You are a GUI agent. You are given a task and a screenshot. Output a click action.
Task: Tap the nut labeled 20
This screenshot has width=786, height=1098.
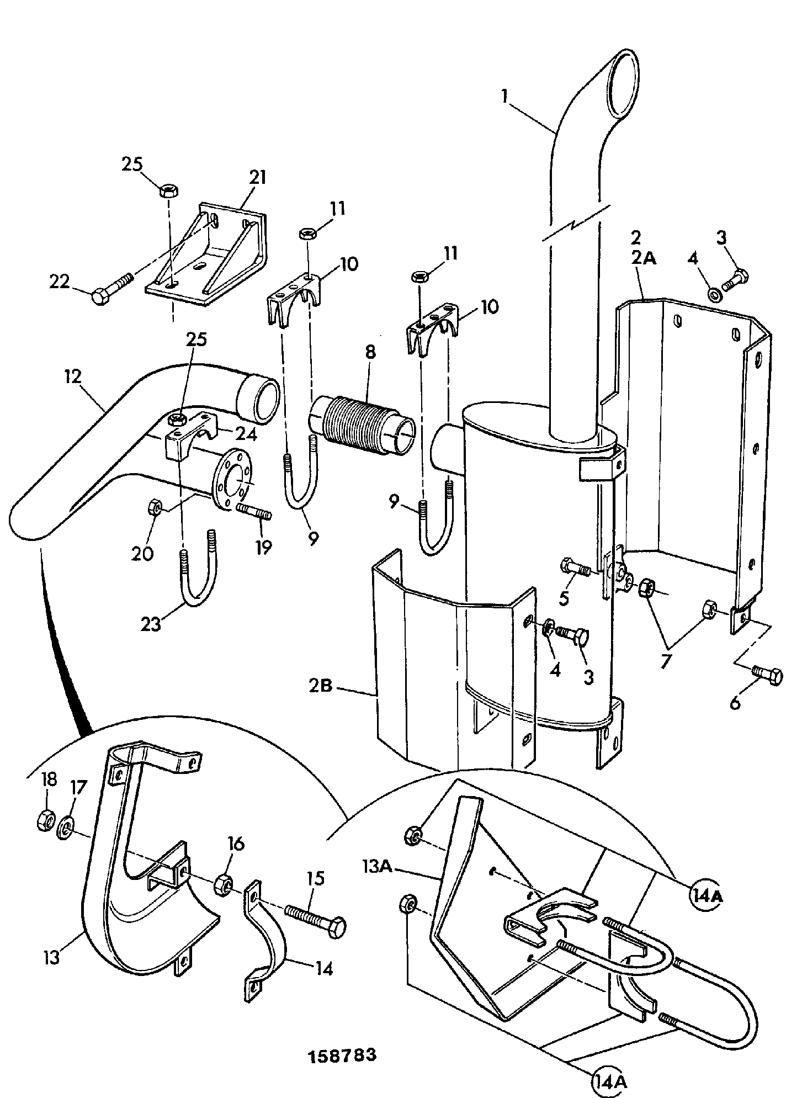[x=155, y=506]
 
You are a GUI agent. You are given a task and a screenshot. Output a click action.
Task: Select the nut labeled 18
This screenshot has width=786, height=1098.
[x=45, y=821]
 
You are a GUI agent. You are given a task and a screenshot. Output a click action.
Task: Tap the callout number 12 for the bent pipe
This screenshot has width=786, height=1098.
[x=73, y=377]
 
